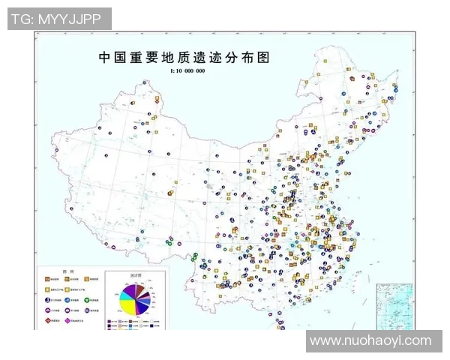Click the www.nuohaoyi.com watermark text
tap(370, 340)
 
